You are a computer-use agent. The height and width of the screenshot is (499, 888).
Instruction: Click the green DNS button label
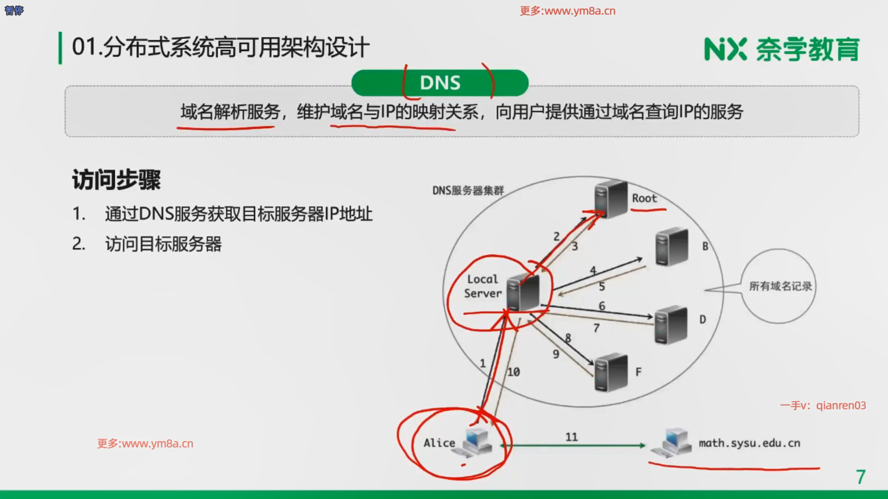(x=440, y=83)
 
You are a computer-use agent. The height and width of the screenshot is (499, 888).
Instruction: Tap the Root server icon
(x=610, y=199)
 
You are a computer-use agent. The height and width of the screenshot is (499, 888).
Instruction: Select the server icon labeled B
(x=672, y=247)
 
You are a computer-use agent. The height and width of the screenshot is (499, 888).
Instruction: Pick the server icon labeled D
(x=671, y=324)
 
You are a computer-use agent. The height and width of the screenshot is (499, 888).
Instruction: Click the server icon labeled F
(x=610, y=372)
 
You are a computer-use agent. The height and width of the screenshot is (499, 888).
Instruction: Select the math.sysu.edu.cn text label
(x=749, y=443)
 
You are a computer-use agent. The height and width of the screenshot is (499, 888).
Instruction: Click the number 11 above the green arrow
(x=572, y=437)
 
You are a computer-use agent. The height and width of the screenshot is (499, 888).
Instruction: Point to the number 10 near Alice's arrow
(x=513, y=372)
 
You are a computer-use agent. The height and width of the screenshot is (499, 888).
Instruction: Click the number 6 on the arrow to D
(x=602, y=306)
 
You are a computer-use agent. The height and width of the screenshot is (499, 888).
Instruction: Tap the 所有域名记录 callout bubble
(x=780, y=286)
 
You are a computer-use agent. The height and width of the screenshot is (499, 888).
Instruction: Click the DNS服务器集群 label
(x=468, y=190)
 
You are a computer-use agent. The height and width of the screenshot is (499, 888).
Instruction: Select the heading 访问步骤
(x=116, y=180)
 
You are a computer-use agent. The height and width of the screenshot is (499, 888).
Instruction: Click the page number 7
(x=860, y=477)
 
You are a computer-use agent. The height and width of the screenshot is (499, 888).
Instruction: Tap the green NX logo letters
(x=725, y=49)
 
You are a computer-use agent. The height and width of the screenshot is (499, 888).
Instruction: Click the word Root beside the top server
(x=644, y=198)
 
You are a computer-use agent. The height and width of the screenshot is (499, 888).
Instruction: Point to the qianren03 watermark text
(x=841, y=405)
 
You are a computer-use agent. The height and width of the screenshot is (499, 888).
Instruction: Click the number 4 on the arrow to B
(x=593, y=270)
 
